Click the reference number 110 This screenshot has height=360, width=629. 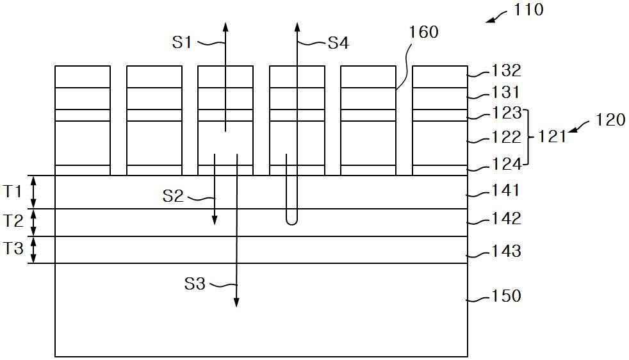(x=528, y=10)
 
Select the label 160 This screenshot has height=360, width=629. (x=423, y=31)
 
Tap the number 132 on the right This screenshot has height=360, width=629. (x=507, y=70)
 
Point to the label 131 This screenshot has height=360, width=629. (x=507, y=92)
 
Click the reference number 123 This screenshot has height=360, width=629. (x=507, y=113)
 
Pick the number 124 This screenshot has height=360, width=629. (x=507, y=165)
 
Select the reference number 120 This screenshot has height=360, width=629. (x=610, y=119)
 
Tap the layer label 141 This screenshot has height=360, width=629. (x=506, y=190)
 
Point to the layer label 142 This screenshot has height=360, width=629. (x=506, y=218)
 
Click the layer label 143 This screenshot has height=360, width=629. (x=506, y=251)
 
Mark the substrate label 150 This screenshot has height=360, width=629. (x=506, y=297)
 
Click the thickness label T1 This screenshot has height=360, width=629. (x=13, y=191)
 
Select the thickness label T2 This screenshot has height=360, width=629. (x=13, y=222)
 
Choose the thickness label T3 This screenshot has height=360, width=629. (x=13, y=249)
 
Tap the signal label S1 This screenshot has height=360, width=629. (x=183, y=42)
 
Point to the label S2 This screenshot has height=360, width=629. (x=173, y=195)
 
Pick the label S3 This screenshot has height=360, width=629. (x=195, y=283)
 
